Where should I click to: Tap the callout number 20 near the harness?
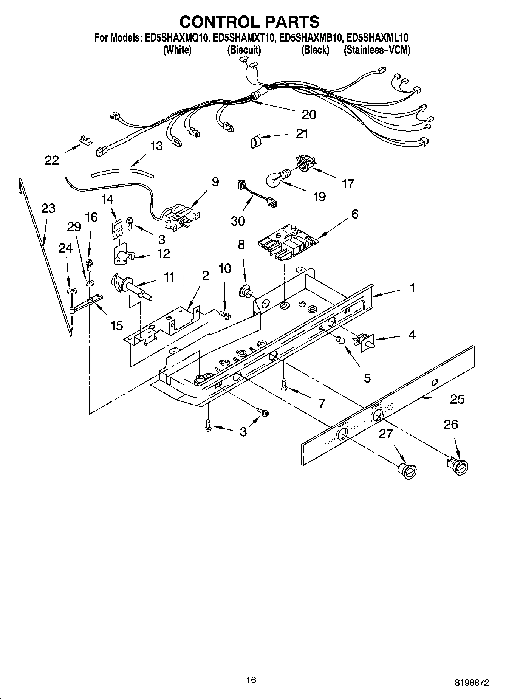tap(309, 115)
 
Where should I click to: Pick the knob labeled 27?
tap(408, 471)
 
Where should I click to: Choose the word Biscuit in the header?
tap(244, 50)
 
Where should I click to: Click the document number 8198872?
tap(471, 683)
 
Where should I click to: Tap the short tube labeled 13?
tap(123, 174)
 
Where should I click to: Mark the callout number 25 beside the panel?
tap(456, 399)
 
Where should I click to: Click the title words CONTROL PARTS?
tap(249, 22)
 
